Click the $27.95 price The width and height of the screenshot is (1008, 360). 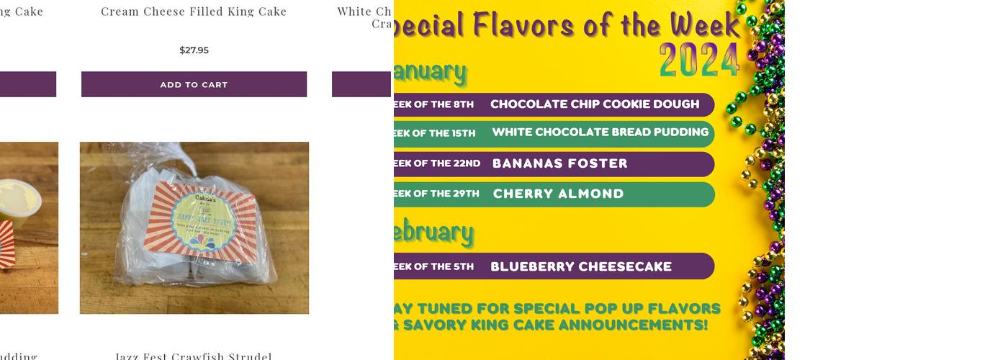pos(194,50)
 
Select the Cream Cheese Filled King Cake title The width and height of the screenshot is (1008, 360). pos(194,12)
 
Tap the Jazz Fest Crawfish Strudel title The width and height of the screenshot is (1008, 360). pos(194,356)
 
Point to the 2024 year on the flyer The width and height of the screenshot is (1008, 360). pos(699,60)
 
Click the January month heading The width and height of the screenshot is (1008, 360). pos(431,71)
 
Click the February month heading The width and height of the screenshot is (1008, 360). pos(433,232)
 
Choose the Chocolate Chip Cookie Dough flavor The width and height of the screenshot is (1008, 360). pos(595,104)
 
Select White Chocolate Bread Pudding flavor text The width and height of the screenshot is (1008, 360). pos(600,132)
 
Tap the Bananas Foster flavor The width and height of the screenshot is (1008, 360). pos(560,163)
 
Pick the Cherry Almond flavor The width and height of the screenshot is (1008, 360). pos(558,194)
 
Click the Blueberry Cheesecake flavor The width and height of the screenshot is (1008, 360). pos(581,266)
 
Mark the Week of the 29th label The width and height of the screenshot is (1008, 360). pos(436,194)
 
